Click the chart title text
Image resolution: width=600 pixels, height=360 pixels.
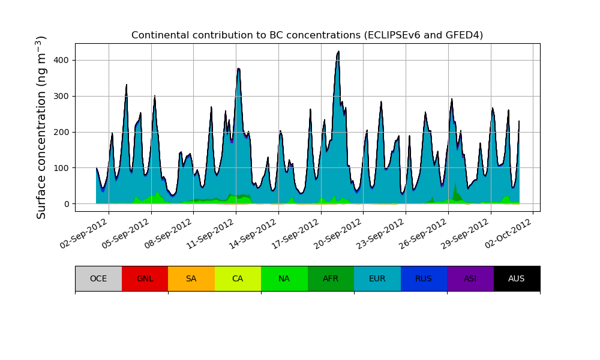pos(307,35)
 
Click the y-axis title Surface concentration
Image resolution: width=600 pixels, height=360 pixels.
pos(41,127)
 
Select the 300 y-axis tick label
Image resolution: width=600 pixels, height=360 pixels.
pos(62,96)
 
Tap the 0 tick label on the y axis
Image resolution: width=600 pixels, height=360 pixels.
pos(67,204)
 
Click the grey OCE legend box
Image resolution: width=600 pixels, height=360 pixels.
pos(98,278)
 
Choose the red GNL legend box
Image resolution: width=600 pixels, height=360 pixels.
pos(145,278)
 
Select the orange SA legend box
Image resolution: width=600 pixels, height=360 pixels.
pos(191,278)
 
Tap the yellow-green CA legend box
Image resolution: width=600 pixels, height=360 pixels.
pos(238,278)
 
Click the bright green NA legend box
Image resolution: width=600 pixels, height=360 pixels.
pos(284,278)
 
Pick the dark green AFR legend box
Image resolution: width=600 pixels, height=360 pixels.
pos(331,278)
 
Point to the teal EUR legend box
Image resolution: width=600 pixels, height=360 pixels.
pos(377,278)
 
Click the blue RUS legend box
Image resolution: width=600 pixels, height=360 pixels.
pos(424,278)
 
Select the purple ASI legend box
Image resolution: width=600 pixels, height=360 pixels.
pos(470,278)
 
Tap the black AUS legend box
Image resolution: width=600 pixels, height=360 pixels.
pos(517,278)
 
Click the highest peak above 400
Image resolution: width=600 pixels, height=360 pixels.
pos(338,52)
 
